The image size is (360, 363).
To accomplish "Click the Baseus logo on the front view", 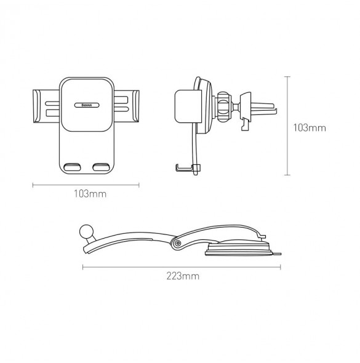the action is point(87,105).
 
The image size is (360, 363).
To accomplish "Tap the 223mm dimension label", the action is point(183,276).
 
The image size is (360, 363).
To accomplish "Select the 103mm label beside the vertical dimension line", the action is point(310,128).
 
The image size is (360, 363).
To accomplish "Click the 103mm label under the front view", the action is point(90,194).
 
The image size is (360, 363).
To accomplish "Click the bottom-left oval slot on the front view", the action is point(72,167).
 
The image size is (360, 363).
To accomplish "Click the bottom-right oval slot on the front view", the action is point(101,167).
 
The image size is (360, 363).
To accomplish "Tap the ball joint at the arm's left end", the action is point(86,231).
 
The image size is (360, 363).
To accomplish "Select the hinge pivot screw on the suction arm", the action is point(178,243).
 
